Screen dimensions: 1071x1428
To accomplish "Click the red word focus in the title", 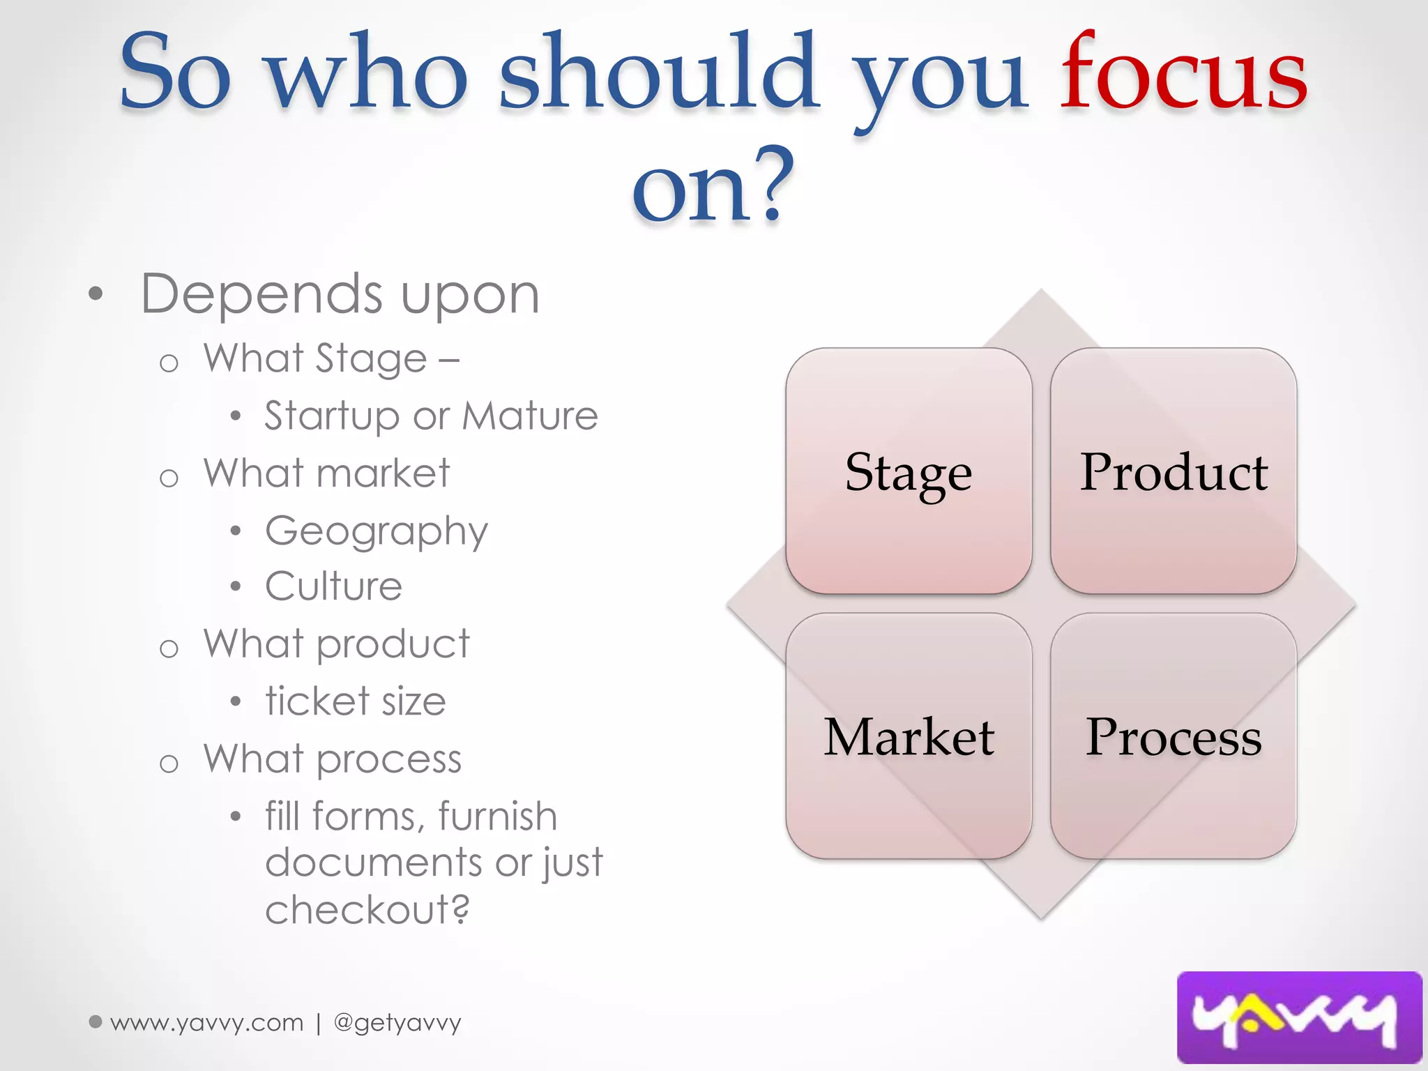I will click(x=1183, y=73).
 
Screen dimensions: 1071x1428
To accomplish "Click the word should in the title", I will click(x=659, y=73).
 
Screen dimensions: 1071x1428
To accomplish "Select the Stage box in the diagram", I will click(x=909, y=471).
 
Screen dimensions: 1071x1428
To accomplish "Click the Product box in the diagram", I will click(x=1173, y=471).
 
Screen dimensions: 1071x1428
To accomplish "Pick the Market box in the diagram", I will click(x=909, y=736).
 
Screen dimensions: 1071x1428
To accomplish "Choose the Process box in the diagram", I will click(x=1173, y=736).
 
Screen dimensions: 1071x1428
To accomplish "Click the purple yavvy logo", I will click(x=1299, y=1017).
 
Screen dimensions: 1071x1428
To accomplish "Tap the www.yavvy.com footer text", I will click(x=206, y=1023).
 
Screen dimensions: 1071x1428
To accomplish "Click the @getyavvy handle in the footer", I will click(x=397, y=1023).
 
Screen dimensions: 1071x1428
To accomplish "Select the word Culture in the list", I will click(x=334, y=586).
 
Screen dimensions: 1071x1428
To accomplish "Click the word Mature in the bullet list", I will click(x=530, y=416).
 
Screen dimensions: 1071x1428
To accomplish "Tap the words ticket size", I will click(x=356, y=701).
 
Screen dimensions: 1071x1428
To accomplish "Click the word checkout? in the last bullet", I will click(x=367, y=910).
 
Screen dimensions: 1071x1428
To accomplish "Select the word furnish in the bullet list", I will click(x=498, y=816).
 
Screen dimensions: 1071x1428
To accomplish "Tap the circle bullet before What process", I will click(x=169, y=764).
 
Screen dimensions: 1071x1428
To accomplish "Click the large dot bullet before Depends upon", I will click(x=96, y=294).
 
